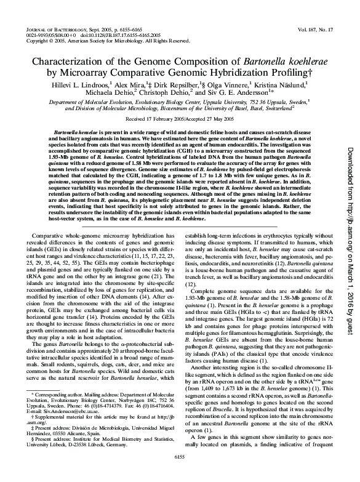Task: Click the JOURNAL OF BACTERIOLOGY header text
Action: [56, 30]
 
